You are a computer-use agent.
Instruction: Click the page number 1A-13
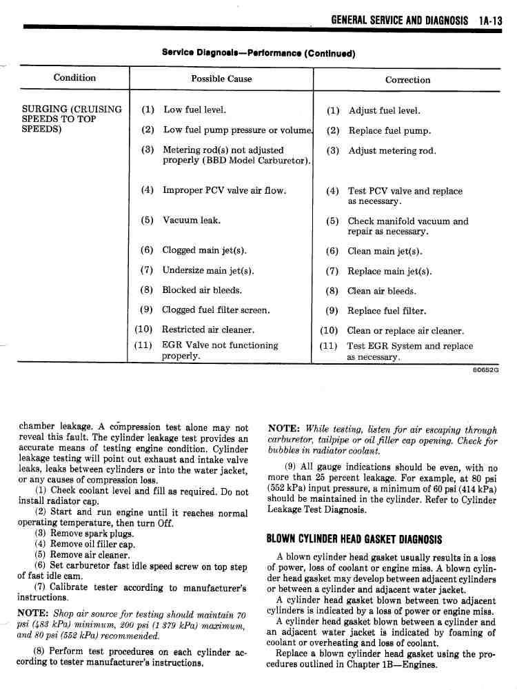(x=491, y=21)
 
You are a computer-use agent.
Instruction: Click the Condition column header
(x=74, y=78)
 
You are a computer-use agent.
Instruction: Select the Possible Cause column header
(x=221, y=79)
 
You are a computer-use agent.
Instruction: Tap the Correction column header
(x=407, y=79)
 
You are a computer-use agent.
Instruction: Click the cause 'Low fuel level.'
(x=194, y=110)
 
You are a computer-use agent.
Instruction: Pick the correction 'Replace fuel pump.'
(x=389, y=130)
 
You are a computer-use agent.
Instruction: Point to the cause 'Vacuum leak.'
(x=192, y=221)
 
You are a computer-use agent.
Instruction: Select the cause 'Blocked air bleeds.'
(x=202, y=290)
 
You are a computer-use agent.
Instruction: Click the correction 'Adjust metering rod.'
(x=392, y=151)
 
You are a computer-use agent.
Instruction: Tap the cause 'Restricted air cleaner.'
(x=208, y=330)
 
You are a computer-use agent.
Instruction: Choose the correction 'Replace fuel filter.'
(x=387, y=311)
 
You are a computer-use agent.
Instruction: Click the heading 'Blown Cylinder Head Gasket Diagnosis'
(x=354, y=539)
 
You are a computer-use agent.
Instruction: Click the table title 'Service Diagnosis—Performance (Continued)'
(x=258, y=52)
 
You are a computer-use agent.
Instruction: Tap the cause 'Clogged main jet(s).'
(x=204, y=250)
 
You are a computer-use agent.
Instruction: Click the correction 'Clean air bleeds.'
(x=382, y=291)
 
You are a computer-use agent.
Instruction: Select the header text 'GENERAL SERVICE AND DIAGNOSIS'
(x=399, y=21)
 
